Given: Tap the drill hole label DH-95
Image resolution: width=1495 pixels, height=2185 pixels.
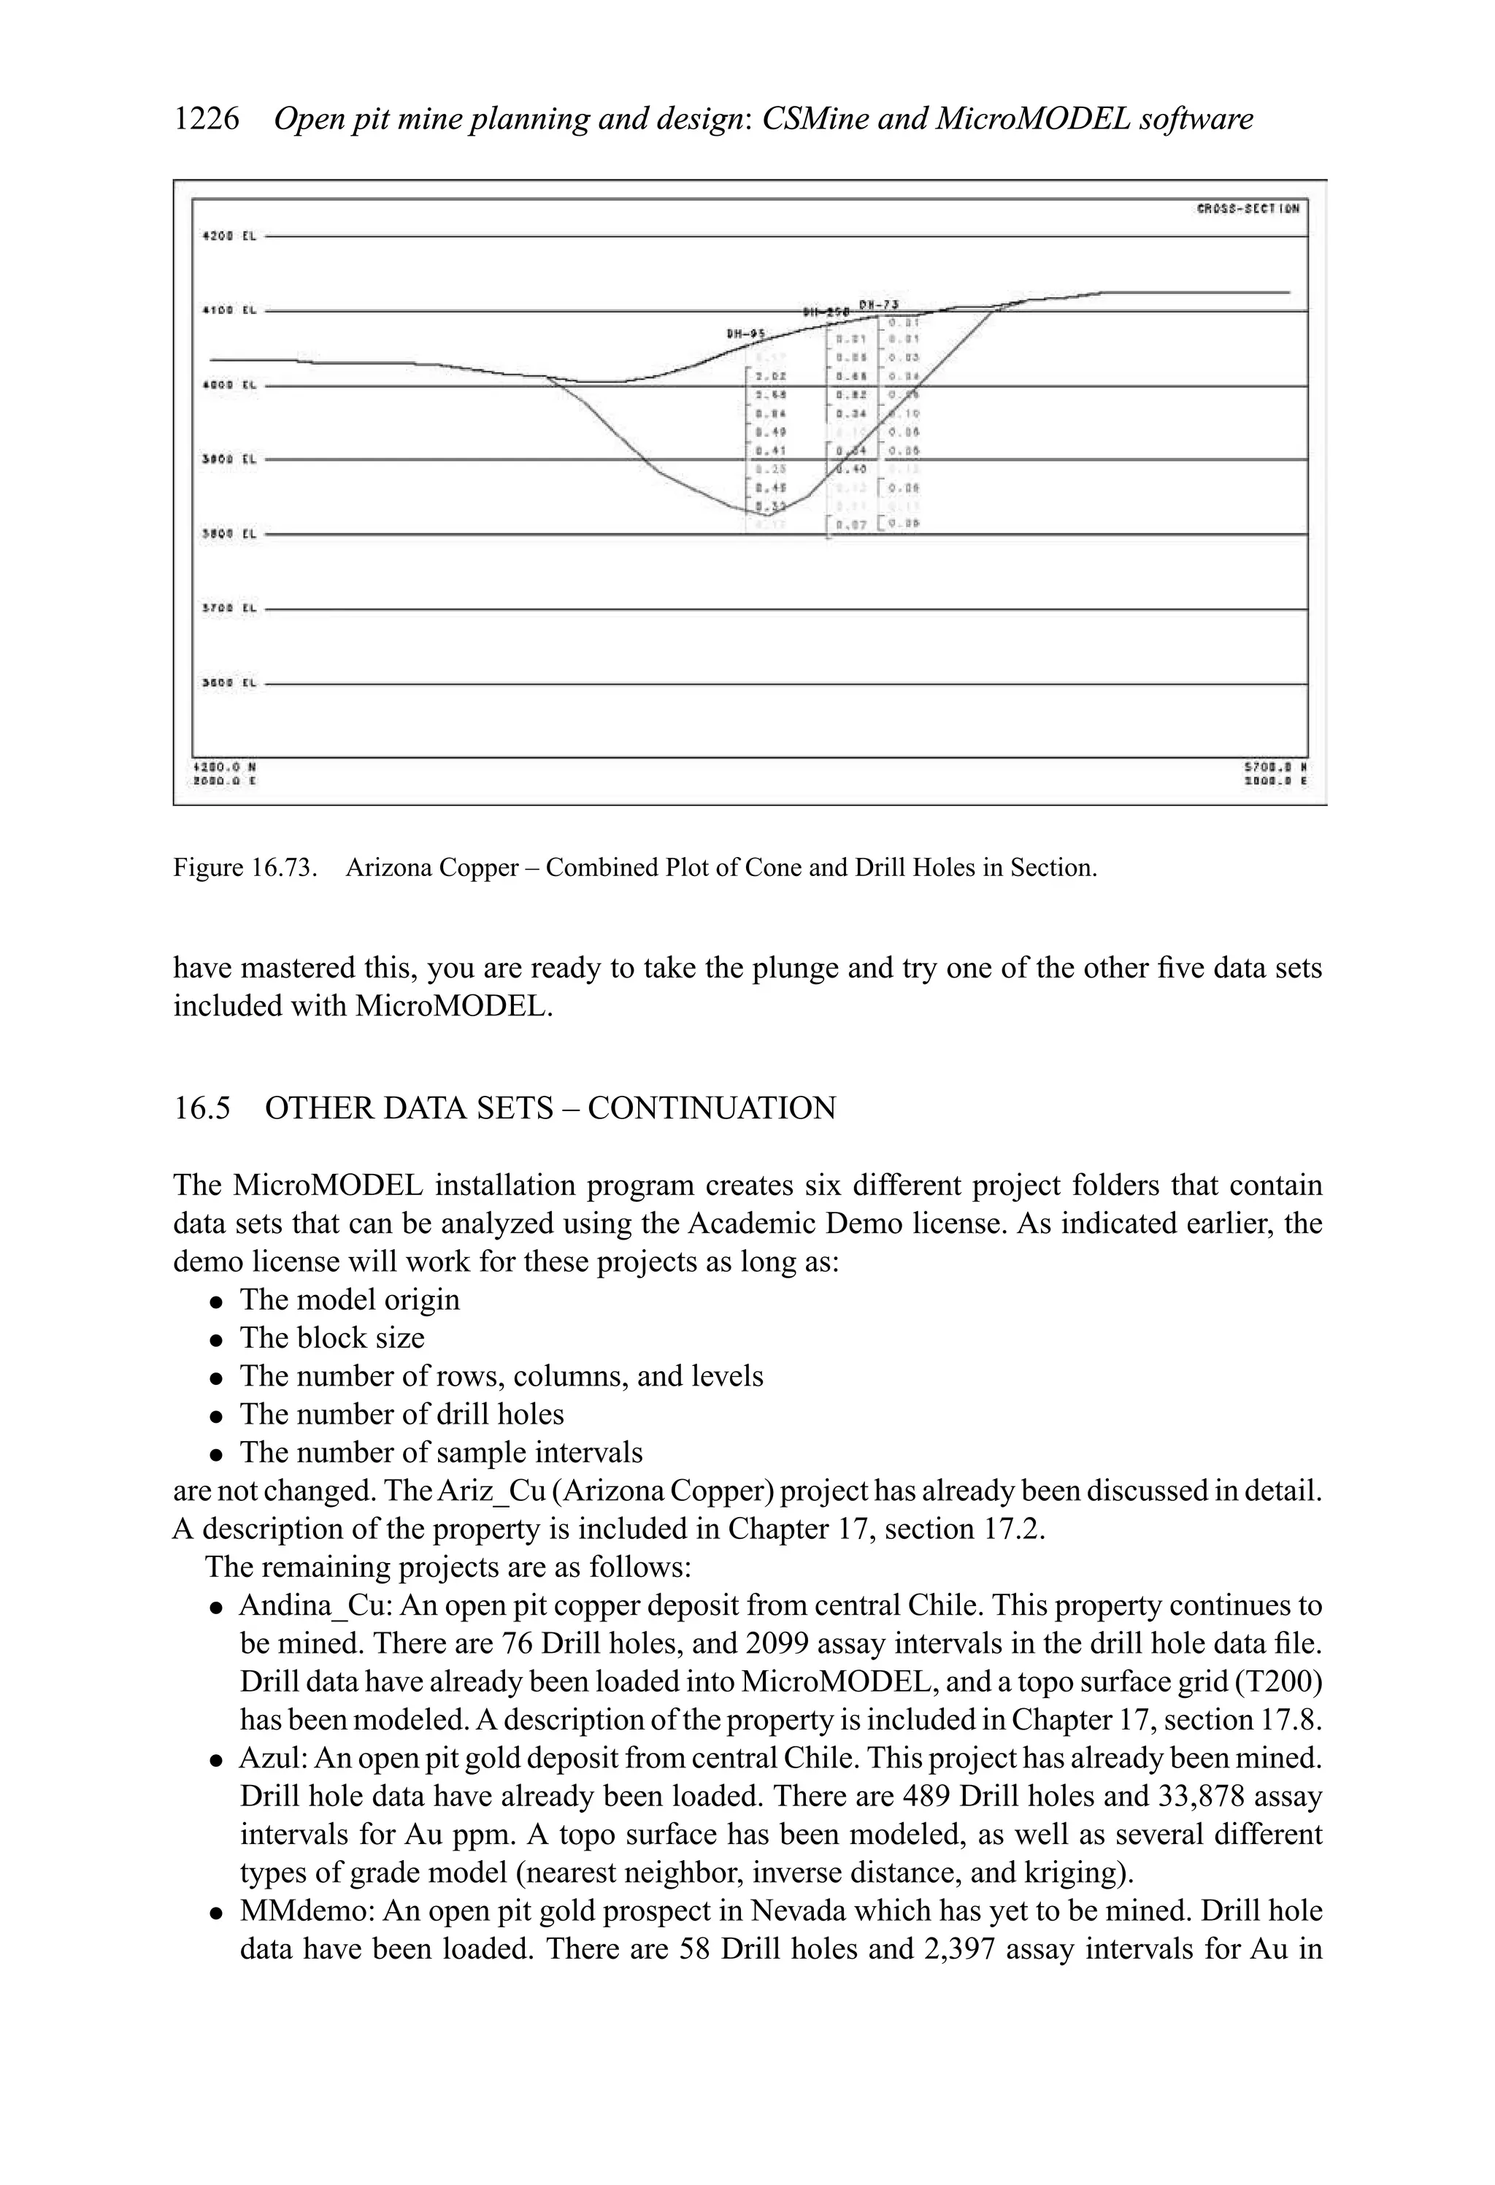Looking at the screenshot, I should click(745, 333).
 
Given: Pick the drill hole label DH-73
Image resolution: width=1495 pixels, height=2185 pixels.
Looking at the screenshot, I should click(878, 304).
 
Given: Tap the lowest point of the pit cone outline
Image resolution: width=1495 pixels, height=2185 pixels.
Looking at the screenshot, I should click(767, 516).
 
